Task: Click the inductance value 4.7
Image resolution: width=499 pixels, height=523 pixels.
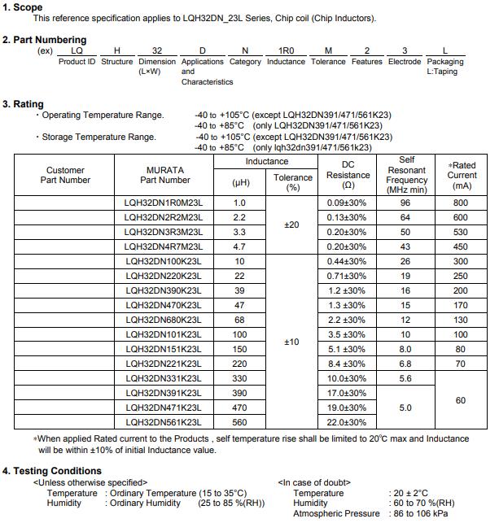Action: pyautogui.click(x=239, y=246)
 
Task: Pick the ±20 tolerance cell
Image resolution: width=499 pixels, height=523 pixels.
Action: pyautogui.click(x=292, y=224)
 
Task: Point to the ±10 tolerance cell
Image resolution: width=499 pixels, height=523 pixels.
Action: pyautogui.click(x=292, y=342)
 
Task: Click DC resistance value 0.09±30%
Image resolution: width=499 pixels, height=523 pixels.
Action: pyautogui.click(x=347, y=203)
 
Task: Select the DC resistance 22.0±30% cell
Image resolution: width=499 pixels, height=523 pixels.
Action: pyautogui.click(x=347, y=422)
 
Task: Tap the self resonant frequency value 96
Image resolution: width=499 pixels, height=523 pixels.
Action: pyautogui.click(x=405, y=203)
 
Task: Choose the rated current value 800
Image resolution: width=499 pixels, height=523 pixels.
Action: pyautogui.click(x=462, y=203)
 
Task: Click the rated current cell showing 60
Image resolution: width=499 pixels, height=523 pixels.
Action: pyautogui.click(x=462, y=400)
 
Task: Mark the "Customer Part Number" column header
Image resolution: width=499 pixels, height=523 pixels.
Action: pyautogui.click(x=64, y=175)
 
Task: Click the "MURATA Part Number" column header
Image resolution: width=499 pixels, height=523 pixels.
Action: pyautogui.click(x=164, y=175)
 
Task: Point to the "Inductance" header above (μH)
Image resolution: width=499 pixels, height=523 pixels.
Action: pyautogui.click(x=266, y=162)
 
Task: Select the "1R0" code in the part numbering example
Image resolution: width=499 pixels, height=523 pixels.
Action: pyautogui.click(x=275, y=50)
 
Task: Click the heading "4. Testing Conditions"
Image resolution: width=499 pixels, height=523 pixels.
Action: pyautogui.click(x=52, y=471)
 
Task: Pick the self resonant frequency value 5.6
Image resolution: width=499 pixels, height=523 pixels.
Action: pyautogui.click(x=405, y=378)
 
